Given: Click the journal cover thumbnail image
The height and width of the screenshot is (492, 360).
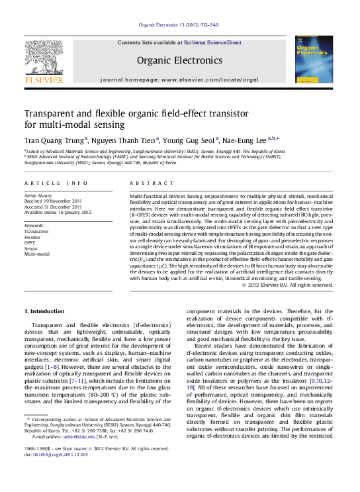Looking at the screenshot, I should click(x=314, y=60).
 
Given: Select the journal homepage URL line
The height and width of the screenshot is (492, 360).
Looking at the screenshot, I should click(x=179, y=79).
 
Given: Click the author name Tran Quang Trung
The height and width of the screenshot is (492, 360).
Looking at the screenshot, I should click(x=54, y=140).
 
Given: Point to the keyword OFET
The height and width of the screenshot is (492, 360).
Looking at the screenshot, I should click(x=31, y=243).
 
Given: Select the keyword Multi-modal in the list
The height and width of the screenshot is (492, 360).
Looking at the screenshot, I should click(x=37, y=254).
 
